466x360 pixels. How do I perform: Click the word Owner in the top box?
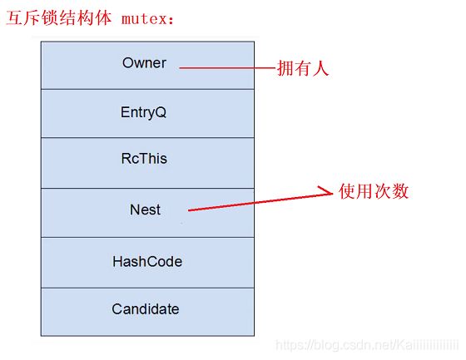click(144, 63)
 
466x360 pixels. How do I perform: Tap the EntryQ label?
click(143, 112)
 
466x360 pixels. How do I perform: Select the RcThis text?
click(144, 158)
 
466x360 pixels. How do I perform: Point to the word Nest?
click(145, 210)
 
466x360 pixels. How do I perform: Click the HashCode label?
click(147, 262)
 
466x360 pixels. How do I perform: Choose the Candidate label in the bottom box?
click(146, 309)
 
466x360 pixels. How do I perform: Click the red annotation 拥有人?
click(303, 68)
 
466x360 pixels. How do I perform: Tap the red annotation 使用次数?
click(374, 191)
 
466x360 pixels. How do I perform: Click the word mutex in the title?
click(145, 19)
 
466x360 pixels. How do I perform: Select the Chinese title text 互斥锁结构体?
click(59, 17)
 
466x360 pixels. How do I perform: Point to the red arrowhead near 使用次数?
click(325, 191)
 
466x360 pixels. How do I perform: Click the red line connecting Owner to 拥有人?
click(227, 68)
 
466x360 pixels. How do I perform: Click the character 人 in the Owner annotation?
click(321, 68)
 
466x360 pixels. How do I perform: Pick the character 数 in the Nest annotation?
click(400, 191)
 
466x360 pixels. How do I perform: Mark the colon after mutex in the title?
click(171, 20)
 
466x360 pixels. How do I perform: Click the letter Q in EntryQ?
click(161, 112)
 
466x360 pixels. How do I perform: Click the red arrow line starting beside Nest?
click(260, 201)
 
